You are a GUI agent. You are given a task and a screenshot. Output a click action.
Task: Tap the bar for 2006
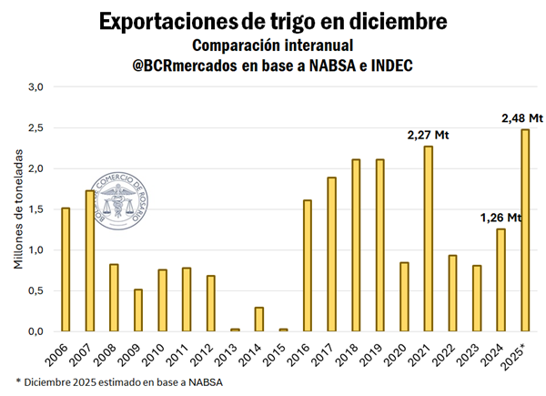point(66,269)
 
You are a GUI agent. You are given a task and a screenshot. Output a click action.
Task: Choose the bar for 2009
point(138,310)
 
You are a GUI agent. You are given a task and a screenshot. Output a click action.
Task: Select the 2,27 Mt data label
point(429,136)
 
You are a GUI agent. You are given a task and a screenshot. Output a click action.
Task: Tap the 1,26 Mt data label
point(500,218)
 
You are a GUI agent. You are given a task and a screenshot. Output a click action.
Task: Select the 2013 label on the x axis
point(234,351)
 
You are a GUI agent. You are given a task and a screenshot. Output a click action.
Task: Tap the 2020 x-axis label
point(402,351)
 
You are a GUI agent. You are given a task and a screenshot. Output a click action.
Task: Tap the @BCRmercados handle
point(183,65)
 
